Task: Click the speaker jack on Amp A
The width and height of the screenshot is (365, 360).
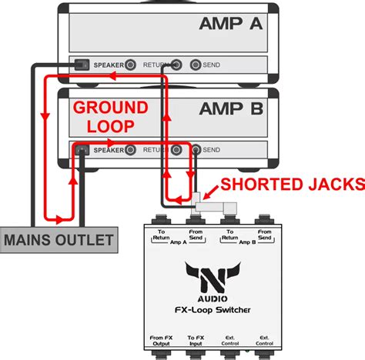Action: (132, 65)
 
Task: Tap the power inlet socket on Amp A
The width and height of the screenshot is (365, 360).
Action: (79, 65)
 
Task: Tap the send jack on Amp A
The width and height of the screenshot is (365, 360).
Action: (196, 65)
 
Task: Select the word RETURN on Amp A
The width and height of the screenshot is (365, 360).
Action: (156, 65)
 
